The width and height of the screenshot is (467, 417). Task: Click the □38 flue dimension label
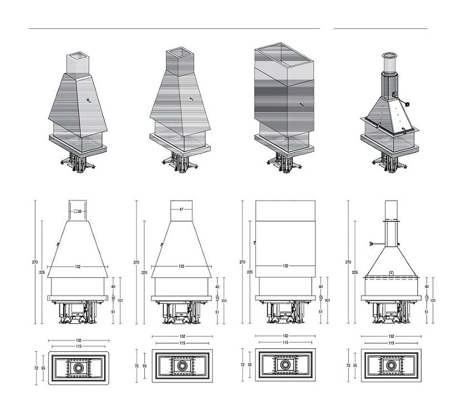[x=78, y=211]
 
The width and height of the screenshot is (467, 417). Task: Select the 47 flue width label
[x=182, y=210]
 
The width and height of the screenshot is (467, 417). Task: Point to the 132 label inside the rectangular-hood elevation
[x=285, y=266]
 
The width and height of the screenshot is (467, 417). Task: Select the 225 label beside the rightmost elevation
[x=355, y=273]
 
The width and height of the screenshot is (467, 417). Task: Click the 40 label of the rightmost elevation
[x=426, y=287]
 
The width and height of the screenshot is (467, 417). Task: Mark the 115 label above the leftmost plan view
[x=78, y=346]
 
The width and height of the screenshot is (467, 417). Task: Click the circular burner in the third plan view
[x=285, y=366]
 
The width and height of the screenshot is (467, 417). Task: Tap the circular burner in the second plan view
[x=182, y=366]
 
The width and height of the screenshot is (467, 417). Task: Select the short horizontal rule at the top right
[x=381, y=28]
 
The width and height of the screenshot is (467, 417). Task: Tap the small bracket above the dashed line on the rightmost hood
[x=391, y=273]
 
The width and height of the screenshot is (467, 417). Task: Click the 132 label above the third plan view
[x=285, y=336]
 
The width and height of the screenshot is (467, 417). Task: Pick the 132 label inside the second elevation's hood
[x=182, y=266]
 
